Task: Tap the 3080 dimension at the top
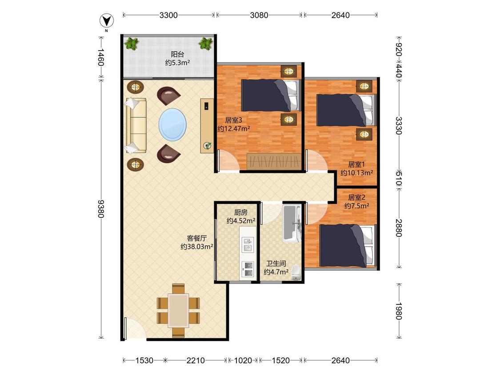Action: (x=259, y=15)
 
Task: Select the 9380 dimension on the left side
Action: (x=101, y=208)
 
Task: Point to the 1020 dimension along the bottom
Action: (x=243, y=360)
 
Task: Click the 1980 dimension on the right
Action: (x=399, y=311)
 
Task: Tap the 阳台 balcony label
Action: (x=177, y=54)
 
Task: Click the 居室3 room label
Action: (x=233, y=120)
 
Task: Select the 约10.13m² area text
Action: (x=356, y=172)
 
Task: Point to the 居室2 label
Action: (x=356, y=197)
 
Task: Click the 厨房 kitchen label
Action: (x=241, y=212)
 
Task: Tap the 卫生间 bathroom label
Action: (x=276, y=264)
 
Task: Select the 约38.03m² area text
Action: (x=197, y=246)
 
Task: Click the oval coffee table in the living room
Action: (x=172, y=124)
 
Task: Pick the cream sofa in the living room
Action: (x=136, y=125)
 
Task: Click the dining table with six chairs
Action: (x=178, y=310)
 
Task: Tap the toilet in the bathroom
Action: (x=296, y=273)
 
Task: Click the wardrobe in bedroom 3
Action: (x=274, y=161)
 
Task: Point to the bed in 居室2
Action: (x=348, y=246)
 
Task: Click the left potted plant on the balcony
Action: (x=132, y=44)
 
